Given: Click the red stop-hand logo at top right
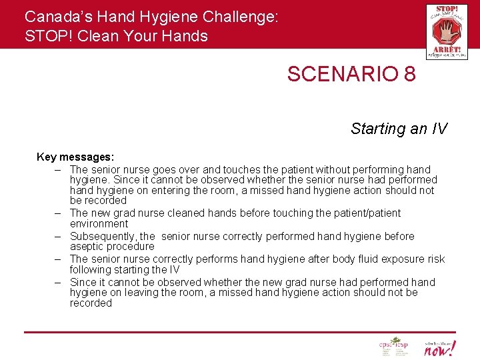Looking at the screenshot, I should coord(447,31).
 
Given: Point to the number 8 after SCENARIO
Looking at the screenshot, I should coord(409,74).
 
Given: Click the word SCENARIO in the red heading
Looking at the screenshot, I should coord(341,74).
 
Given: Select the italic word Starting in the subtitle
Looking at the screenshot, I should coord(378,129).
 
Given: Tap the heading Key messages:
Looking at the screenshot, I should coord(75,157).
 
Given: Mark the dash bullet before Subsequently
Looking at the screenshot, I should coord(59,237).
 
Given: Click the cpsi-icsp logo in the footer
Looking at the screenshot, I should coord(393,347).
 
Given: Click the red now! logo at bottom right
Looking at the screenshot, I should coord(440,347).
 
